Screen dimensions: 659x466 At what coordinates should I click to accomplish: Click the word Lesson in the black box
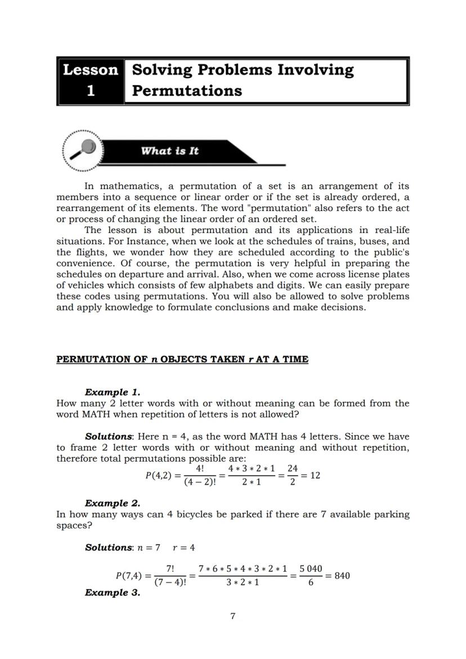(91, 70)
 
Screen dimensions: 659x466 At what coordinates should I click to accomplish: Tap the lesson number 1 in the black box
(91, 91)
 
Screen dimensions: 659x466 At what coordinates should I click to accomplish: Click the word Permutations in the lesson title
(187, 91)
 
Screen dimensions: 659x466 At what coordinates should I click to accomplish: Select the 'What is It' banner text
(169, 151)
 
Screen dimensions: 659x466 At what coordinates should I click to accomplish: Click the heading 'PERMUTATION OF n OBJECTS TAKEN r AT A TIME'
(182, 360)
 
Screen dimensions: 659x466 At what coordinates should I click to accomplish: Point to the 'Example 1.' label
(112, 392)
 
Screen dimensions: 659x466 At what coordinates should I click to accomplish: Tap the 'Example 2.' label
(112, 503)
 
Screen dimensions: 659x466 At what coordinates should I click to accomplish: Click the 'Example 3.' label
(112, 593)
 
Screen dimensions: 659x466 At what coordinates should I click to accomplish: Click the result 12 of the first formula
(315, 475)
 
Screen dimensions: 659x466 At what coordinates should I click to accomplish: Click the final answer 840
(342, 576)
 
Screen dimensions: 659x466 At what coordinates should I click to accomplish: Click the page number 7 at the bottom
(233, 616)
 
